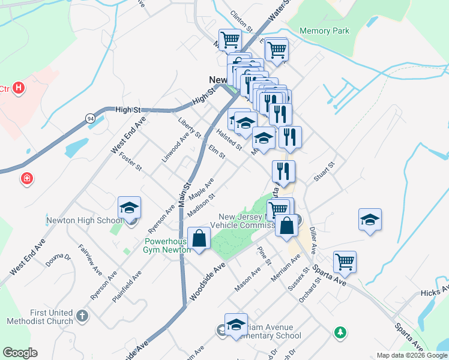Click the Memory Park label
click(324, 31)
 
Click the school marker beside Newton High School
click(129, 208)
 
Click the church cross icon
click(83, 314)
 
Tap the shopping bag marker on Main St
click(199, 238)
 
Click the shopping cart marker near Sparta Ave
click(345, 262)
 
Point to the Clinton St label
click(241, 20)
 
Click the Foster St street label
click(130, 160)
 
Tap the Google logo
click(20, 353)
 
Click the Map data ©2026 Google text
click(412, 355)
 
